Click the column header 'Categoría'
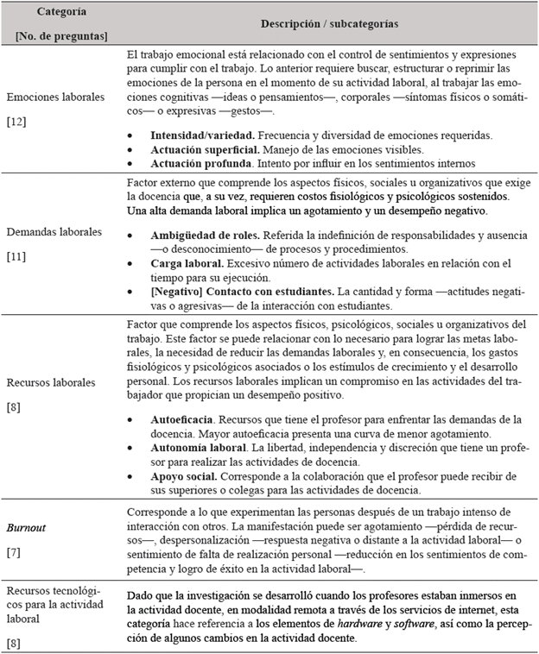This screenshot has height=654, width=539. (x=60, y=11)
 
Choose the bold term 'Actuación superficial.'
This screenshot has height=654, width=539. (x=198, y=149)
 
